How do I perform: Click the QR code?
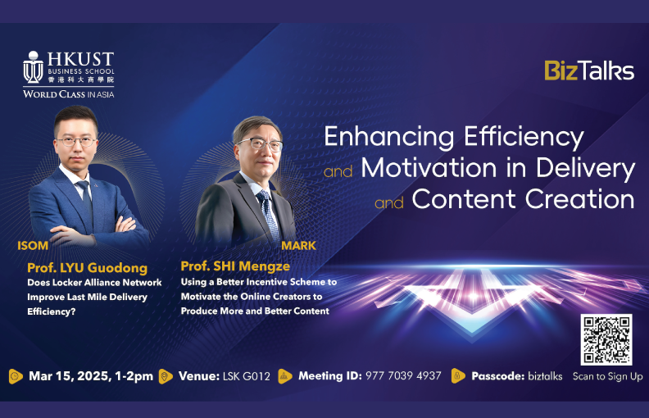coord(606,340)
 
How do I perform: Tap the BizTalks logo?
coord(589,70)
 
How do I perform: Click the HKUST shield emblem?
coord(33,67)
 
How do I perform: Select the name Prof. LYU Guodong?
coord(88,268)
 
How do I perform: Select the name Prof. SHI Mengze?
coord(235,266)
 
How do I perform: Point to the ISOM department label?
coord(33,246)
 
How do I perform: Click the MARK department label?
coord(298,246)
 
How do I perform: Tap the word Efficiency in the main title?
coord(524,138)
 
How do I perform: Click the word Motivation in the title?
coord(429,169)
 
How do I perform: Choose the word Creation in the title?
coord(579,199)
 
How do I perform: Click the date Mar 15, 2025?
coord(69,376)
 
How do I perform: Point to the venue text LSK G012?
coord(247,376)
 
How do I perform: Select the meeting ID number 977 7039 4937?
coord(403,375)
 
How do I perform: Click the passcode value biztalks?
coord(545,376)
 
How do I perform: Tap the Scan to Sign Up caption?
coord(607,377)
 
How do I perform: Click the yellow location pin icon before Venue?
coord(166,376)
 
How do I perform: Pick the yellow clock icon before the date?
coord(16,376)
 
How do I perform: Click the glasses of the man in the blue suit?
coord(76,142)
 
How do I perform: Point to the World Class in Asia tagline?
coord(68,94)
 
